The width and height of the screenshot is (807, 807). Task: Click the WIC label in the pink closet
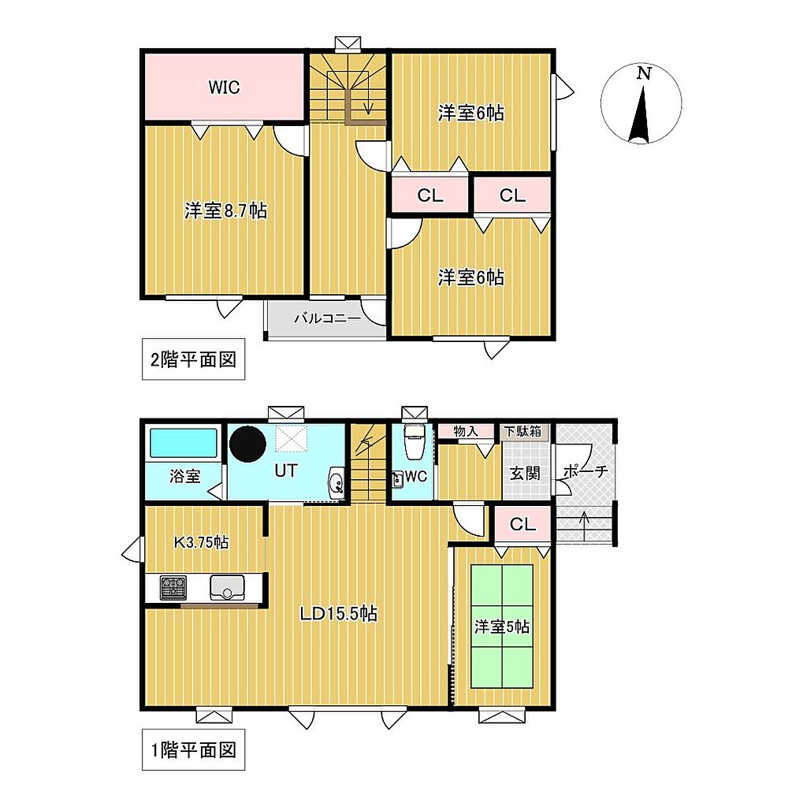point(224,87)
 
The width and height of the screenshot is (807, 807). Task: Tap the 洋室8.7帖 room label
point(225,210)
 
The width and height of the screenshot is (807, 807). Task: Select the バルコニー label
point(327,318)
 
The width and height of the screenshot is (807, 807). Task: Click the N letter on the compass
point(643,73)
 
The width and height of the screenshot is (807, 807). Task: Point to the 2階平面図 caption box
point(193,359)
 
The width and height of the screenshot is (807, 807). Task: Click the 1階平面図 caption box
point(193,750)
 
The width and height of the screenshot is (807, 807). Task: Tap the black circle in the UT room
point(247,444)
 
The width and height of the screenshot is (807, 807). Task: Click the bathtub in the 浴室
point(183,443)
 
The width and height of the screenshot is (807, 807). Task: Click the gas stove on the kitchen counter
point(173,588)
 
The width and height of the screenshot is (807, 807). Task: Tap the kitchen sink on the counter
point(227,588)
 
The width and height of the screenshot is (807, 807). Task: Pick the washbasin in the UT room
point(337,483)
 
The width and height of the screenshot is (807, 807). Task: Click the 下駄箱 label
point(523,431)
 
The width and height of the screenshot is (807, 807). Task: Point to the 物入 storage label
point(467,431)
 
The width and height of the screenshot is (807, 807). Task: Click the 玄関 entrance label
point(525,473)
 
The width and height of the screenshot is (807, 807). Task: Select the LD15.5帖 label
point(339,613)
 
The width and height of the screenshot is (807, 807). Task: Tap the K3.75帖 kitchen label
point(201,542)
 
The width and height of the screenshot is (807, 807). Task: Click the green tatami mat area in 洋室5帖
point(502,626)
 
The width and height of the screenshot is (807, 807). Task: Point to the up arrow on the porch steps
point(584,526)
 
